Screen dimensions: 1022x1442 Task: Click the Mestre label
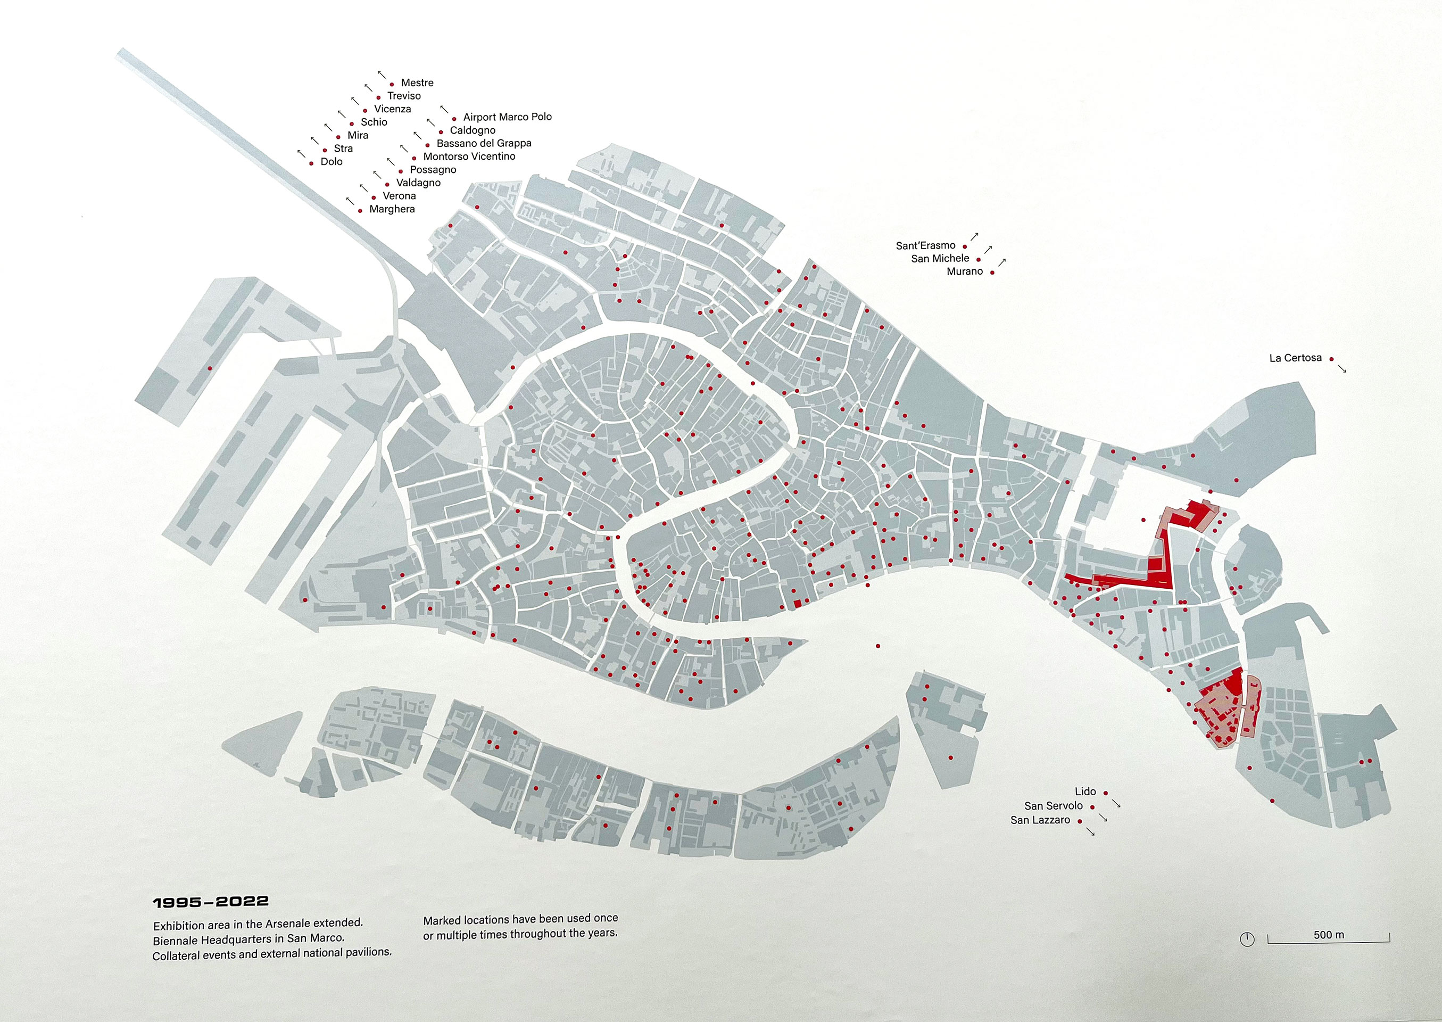coord(417,83)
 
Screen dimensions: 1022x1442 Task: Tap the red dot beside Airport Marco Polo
coord(454,119)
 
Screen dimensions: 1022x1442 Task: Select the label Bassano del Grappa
coord(484,144)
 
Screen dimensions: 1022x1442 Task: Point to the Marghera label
coord(392,210)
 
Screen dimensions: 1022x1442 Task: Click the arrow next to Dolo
coord(301,153)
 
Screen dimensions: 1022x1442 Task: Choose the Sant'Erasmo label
coord(925,246)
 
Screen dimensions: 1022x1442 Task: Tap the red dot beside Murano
coord(992,273)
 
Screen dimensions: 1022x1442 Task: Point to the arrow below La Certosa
coord(1342,369)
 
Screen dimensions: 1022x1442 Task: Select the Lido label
coord(1084,792)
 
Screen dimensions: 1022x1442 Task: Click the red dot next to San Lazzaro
coord(1080,821)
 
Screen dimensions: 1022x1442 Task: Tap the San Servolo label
coord(1053,806)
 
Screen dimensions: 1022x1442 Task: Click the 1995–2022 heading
coord(211,902)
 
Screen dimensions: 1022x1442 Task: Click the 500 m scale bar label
coord(1328,935)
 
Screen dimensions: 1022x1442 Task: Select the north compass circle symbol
coord(1246,939)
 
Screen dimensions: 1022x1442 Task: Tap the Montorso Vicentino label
coord(469,156)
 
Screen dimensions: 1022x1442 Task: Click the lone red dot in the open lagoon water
coord(877,646)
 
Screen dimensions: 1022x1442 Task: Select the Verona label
coord(399,196)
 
